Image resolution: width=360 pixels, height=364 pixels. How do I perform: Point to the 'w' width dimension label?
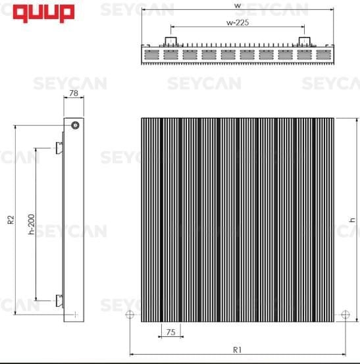[237, 5]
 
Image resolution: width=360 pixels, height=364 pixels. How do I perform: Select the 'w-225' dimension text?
[237, 22]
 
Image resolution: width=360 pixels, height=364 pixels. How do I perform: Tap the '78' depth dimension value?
[73, 93]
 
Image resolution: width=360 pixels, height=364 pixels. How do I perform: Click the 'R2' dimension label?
[11, 220]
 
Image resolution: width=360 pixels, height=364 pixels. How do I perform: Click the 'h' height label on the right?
[352, 219]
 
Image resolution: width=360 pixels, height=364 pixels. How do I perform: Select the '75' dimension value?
[170, 333]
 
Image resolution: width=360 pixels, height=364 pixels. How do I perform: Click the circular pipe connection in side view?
[76, 125]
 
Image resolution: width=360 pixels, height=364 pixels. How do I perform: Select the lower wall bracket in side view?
[60, 301]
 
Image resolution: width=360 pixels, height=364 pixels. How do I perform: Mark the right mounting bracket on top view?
[304, 41]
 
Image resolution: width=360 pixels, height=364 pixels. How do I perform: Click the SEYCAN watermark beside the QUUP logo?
[137, 10]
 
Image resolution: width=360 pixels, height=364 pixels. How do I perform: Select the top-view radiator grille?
[238, 55]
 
